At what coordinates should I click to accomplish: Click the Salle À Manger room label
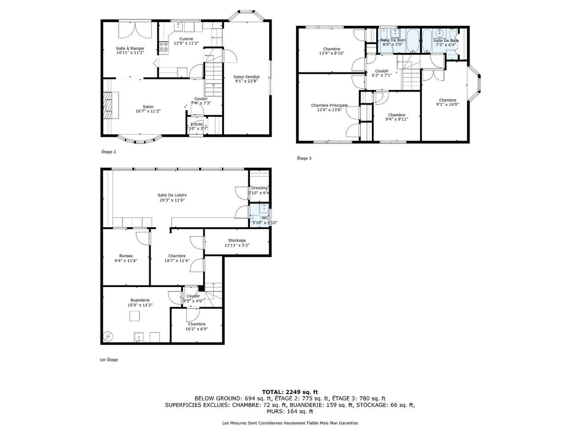(x=130, y=48)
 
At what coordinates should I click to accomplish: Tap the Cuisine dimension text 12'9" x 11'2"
(x=186, y=43)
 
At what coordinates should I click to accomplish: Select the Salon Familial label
(x=246, y=77)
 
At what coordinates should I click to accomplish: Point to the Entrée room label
(x=197, y=124)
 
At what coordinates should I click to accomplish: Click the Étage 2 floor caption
(x=108, y=152)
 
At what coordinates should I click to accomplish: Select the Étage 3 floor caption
(x=304, y=158)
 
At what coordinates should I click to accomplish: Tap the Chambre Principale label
(x=329, y=105)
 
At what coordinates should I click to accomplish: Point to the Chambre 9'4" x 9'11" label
(x=397, y=115)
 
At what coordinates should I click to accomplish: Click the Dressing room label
(x=259, y=188)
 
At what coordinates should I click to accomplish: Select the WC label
(x=265, y=217)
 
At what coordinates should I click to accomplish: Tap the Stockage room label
(x=237, y=241)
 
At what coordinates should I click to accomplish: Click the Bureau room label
(x=126, y=256)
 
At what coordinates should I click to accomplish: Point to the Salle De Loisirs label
(x=173, y=195)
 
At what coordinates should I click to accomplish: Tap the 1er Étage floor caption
(x=108, y=360)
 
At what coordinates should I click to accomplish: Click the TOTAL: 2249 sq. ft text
(x=290, y=392)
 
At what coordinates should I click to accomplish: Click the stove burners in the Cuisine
(x=163, y=46)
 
